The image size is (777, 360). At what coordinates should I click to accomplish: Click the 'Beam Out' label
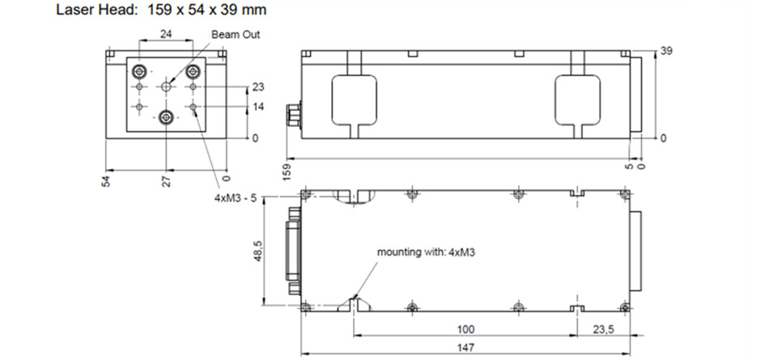pos(236,35)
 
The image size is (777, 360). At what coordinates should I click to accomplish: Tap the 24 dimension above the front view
pos(166,34)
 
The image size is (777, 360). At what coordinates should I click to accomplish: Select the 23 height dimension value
pos(258,87)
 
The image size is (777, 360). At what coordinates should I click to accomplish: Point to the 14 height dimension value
pos(258,107)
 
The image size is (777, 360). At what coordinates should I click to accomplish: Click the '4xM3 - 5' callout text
pos(236,197)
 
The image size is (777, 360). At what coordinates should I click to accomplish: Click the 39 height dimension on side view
pos(666,51)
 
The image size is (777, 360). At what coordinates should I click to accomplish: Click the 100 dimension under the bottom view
pos(466,329)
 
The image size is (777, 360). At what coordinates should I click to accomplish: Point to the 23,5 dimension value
pos(603,329)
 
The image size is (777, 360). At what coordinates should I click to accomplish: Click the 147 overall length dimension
pos(466,347)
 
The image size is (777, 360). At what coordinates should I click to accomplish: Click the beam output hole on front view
pos(167,87)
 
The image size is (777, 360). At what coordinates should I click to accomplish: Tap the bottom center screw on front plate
pos(167,118)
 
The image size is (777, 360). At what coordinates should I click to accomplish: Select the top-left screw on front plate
pos(139,72)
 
